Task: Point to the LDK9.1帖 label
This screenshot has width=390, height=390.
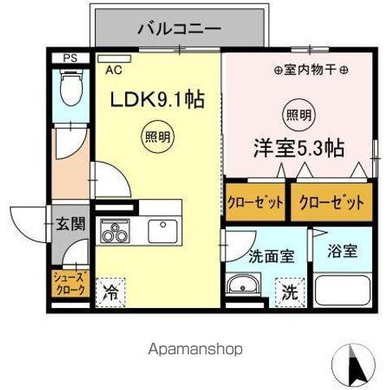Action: tap(156, 102)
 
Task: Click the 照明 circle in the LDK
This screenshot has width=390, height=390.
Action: tap(157, 135)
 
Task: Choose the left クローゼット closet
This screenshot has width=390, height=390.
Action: tap(254, 203)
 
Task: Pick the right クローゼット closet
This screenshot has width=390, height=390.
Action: tap(327, 203)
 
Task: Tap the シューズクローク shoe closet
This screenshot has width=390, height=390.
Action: tap(69, 286)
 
